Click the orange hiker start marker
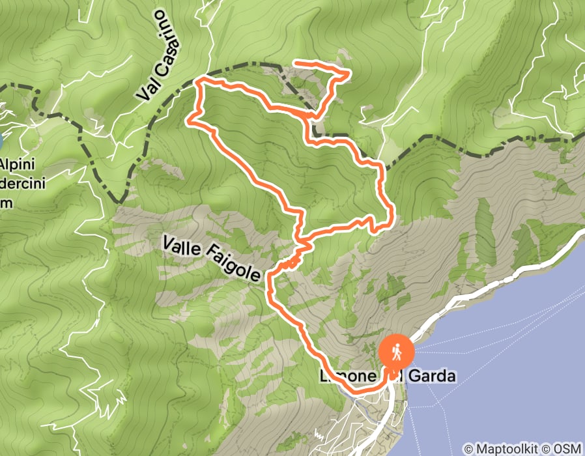click(x=396, y=352)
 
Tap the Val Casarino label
click(x=160, y=55)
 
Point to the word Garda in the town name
click(x=431, y=377)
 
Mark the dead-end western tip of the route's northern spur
click(x=297, y=63)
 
